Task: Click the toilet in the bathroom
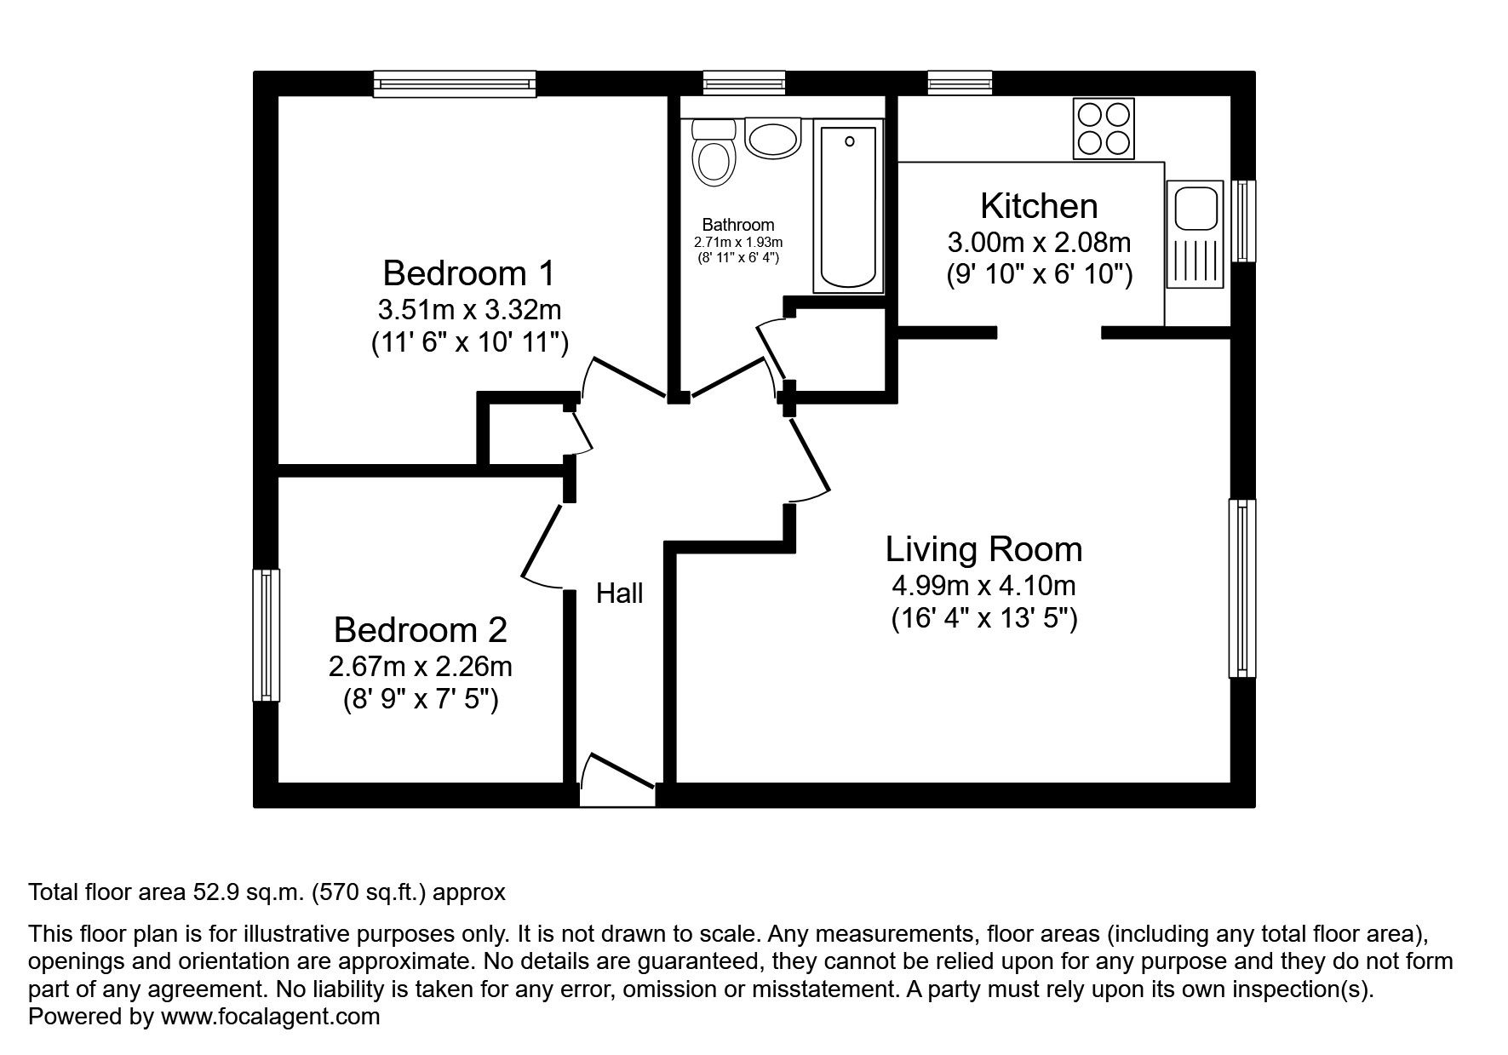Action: click(x=714, y=153)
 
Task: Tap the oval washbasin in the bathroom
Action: click(x=773, y=137)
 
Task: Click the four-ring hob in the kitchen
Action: click(x=1104, y=129)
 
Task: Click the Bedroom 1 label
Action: click(x=468, y=273)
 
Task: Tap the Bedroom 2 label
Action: click(x=421, y=630)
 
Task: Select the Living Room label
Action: click(x=984, y=549)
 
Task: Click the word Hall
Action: click(x=620, y=593)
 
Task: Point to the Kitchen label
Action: click(x=1039, y=206)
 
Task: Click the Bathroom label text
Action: click(x=738, y=225)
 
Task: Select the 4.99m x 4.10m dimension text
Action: click(x=984, y=586)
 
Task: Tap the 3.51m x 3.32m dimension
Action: click(x=469, y=309)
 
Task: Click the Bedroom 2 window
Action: click(x=267, y=635)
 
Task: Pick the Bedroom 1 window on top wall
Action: click(x=456, y=83)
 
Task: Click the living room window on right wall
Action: click(x=1242, y=588)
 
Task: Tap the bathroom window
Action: click(x=744, y=83)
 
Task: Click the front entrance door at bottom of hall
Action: click(x=617, y=781)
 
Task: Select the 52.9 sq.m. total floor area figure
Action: click(x=245, y=893)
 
